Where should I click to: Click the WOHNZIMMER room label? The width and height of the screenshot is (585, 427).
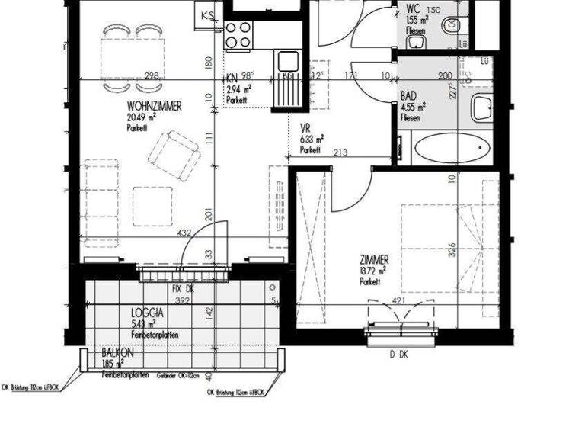pos(155,107)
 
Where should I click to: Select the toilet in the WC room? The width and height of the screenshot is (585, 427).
pos(456,24)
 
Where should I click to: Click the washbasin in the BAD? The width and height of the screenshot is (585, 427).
pos(483,108)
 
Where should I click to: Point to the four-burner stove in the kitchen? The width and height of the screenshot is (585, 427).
pos(238,34)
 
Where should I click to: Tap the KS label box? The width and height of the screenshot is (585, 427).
pos(206,14)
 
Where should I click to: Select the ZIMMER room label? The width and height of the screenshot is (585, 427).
pos(375,259)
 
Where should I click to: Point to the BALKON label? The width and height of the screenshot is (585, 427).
pos(119,354)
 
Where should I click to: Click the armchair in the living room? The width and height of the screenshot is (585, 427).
pos(178,154)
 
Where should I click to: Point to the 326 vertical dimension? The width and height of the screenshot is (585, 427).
pos(452,250)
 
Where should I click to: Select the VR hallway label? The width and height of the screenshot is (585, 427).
pos(305,129)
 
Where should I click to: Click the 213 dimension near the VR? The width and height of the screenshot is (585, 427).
pos(340,153)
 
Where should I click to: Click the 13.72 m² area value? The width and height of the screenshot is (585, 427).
pos(373,271)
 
